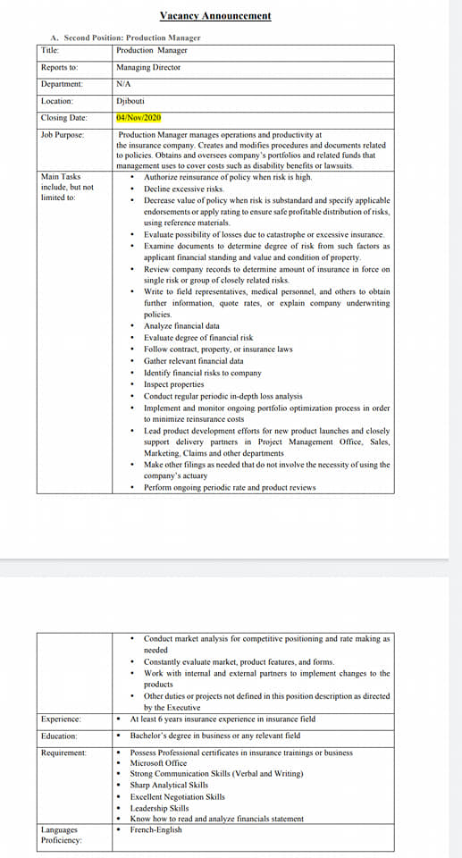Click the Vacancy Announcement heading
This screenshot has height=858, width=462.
point(215,15)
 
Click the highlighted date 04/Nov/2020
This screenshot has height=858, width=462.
point(139,117)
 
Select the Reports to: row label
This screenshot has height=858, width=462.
point(60,67)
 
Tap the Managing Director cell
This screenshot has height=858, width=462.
point(148,67)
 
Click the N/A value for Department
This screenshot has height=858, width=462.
point(124,84)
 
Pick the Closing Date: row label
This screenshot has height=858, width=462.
point(64,117)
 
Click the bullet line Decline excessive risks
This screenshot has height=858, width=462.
point(184,189)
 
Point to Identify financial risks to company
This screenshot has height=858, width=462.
point(203,373)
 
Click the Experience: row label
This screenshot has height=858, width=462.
point(61,719)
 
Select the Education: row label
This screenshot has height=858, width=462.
point(59,736)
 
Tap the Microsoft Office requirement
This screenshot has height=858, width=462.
point(158,763)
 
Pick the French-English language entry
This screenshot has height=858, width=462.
point(155,830)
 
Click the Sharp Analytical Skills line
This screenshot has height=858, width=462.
point(169,785)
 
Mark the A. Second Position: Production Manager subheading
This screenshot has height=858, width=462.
point(126,38)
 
